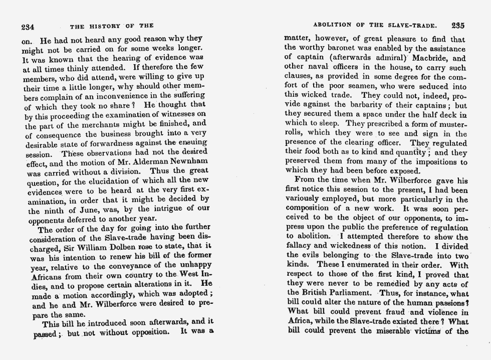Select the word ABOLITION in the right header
(333, 25)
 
